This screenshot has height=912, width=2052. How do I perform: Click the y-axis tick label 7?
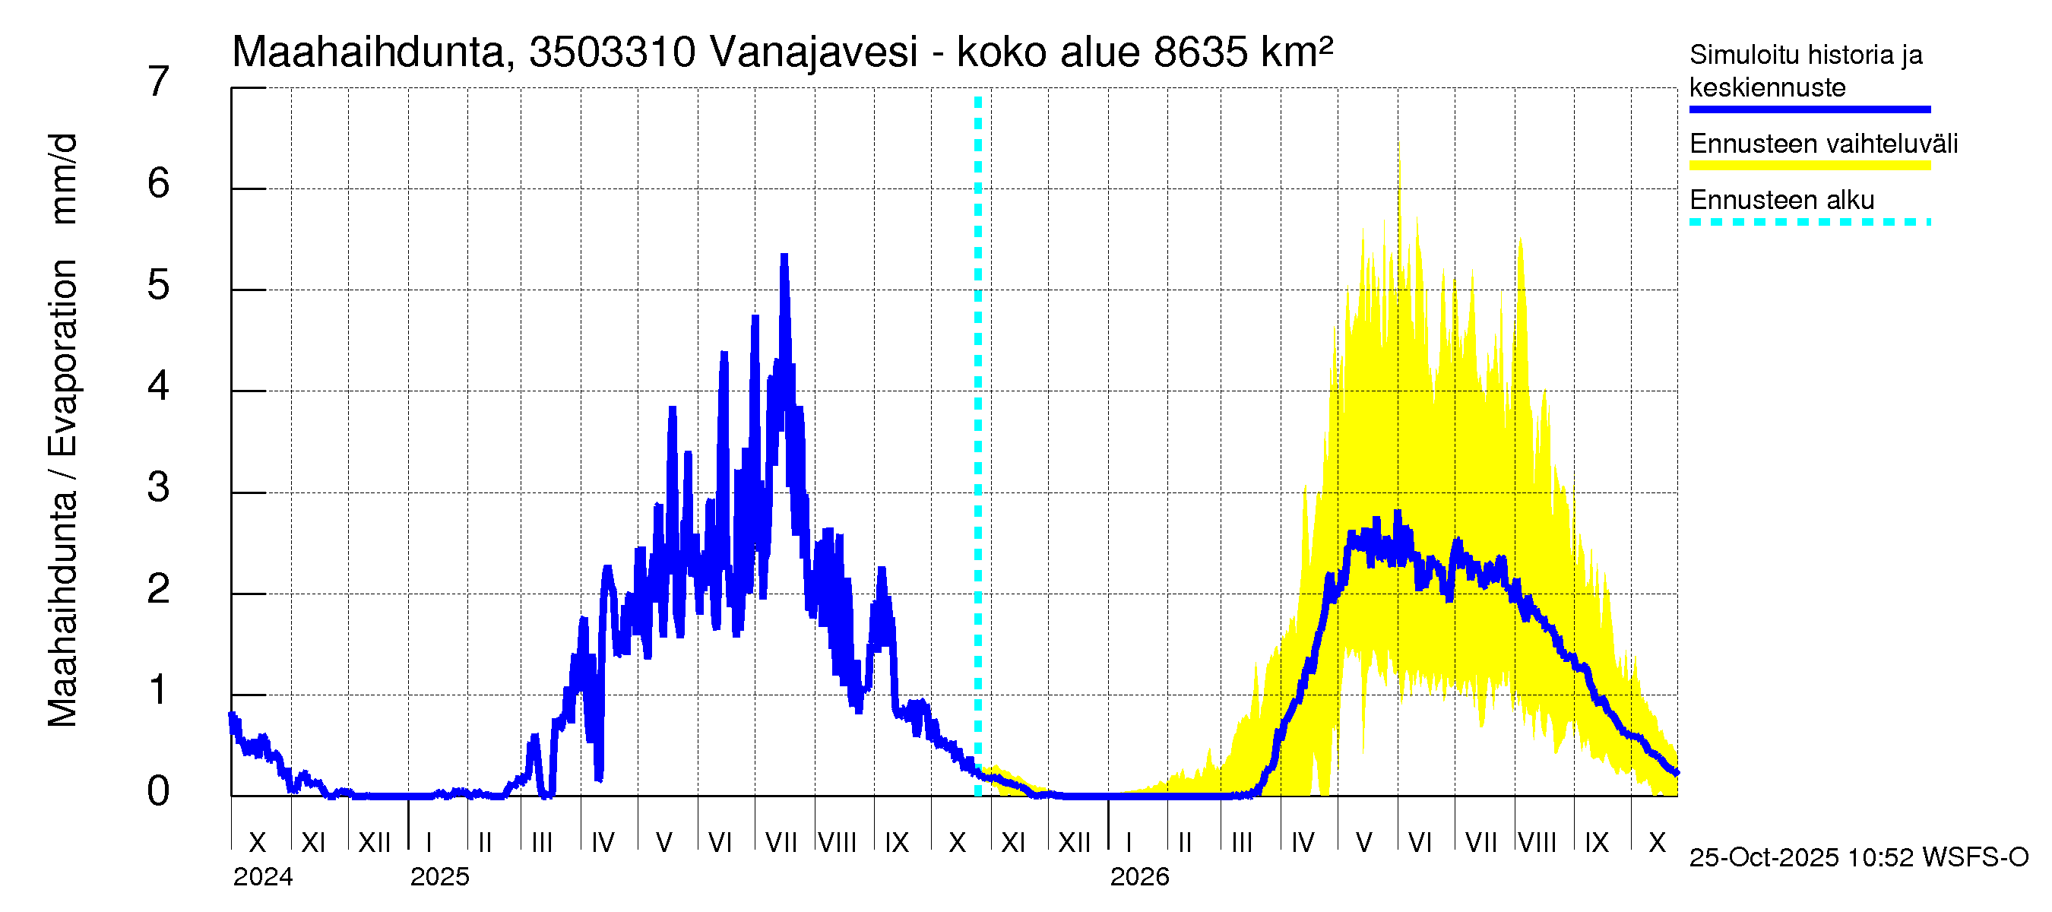coord(159,82)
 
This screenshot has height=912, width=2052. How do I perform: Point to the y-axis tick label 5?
coord(159,285)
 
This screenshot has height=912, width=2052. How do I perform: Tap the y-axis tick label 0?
coord(159,791)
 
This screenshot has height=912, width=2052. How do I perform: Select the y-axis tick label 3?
coord(159,487)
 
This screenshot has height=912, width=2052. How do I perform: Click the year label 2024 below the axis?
coord(263,877)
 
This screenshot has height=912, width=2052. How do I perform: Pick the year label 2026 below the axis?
coord(1139,877)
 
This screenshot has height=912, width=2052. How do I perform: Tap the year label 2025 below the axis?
coord(440,877)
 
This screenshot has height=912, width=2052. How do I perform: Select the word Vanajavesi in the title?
coord(813,52)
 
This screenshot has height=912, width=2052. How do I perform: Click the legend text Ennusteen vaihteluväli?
coord(1823,144)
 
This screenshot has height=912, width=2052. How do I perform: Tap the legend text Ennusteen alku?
coord(1782,200)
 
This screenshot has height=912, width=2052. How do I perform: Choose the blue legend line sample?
coord(1810,110)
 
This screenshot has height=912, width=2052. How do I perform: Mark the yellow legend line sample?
coord(1810,166)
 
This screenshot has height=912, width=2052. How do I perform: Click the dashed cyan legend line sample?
coord(1810,222)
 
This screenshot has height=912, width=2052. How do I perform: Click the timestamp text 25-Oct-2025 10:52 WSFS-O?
coord(1858,857)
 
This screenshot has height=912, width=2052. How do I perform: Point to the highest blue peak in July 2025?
coord(784,256)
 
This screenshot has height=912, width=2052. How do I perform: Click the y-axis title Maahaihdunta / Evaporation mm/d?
coord(62,430)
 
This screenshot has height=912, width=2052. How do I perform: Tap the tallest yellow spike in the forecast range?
coord(1399,144)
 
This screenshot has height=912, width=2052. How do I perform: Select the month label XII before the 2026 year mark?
coord(1074,843)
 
